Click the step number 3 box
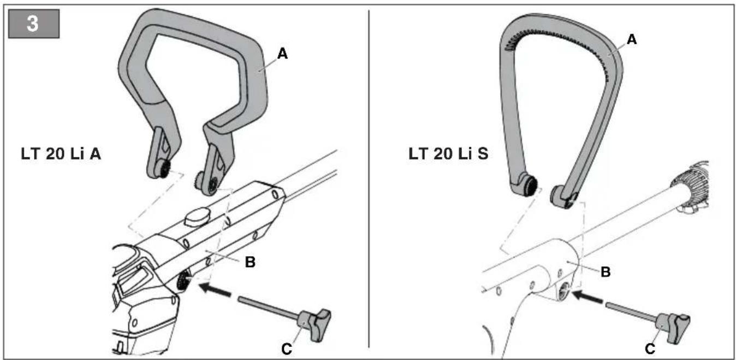point(34,23)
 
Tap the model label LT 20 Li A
point(61,154)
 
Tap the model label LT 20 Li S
point(448,154)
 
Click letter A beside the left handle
point(283,54)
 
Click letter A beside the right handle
point(632,40)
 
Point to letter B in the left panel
point(250,262)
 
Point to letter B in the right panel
point(606,272)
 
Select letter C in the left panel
point(287,349)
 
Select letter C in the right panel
point(650,349)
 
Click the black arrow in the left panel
point(215,290)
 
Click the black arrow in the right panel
point(587,297)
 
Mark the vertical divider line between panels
point(369,179)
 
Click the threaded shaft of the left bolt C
point(269,308)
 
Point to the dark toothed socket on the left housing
point(183,282)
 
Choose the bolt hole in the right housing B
point(565,290)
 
